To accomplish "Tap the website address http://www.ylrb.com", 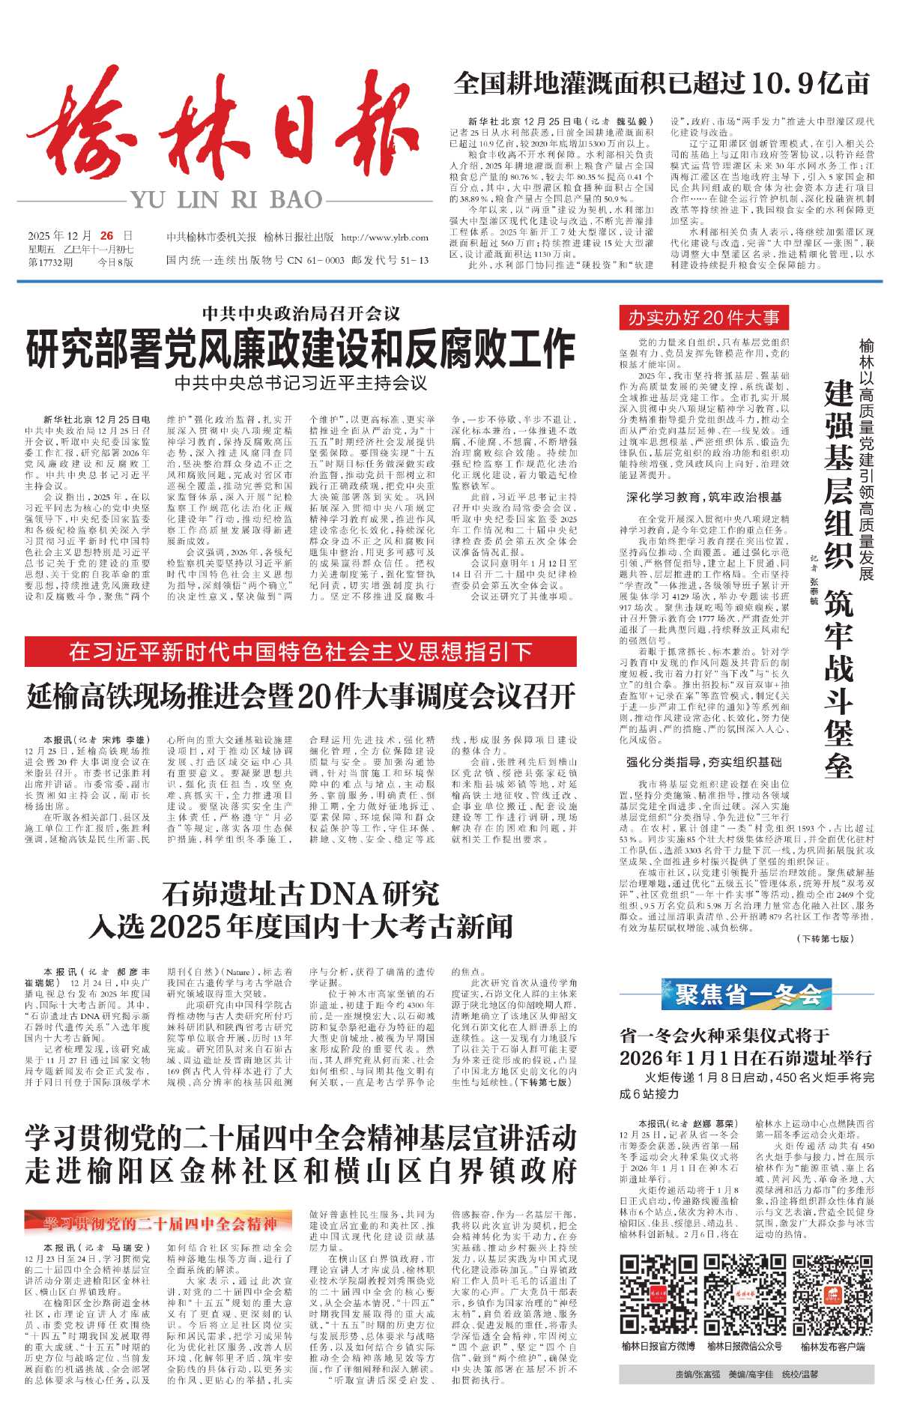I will click(384, 238).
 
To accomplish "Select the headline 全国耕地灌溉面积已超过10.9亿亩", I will click(662, 84).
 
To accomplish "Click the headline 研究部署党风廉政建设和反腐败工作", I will click(300, 349).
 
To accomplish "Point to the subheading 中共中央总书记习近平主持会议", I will click(300, 384).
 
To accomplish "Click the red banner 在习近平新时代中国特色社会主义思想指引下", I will click(300, 652).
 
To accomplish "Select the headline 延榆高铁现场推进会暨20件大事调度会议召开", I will click(300, 696).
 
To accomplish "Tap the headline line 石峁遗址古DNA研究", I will click(300, 894).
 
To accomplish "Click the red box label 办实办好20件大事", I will click(703, 318).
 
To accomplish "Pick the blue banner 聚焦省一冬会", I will click(748, 994).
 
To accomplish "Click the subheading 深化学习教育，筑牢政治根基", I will click(703, 497).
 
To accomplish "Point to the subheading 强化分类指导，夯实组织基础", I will click(703, 762).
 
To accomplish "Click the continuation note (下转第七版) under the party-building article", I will click(825, 939).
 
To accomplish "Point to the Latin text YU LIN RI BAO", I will click(226, 200).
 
